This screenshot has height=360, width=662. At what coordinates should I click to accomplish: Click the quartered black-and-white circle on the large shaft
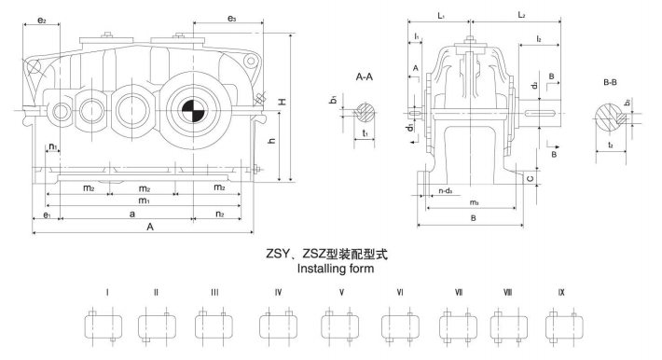tap(194, 109)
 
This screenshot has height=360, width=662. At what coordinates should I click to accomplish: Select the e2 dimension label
tap(41, 19)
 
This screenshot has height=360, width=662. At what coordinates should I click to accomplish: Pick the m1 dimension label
tap(144, 201)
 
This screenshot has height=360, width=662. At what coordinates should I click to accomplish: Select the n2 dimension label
tap(220, 214)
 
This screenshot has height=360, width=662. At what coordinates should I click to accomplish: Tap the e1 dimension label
tap(45, 215)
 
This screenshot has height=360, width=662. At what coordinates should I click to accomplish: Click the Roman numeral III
tap(214, 292)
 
